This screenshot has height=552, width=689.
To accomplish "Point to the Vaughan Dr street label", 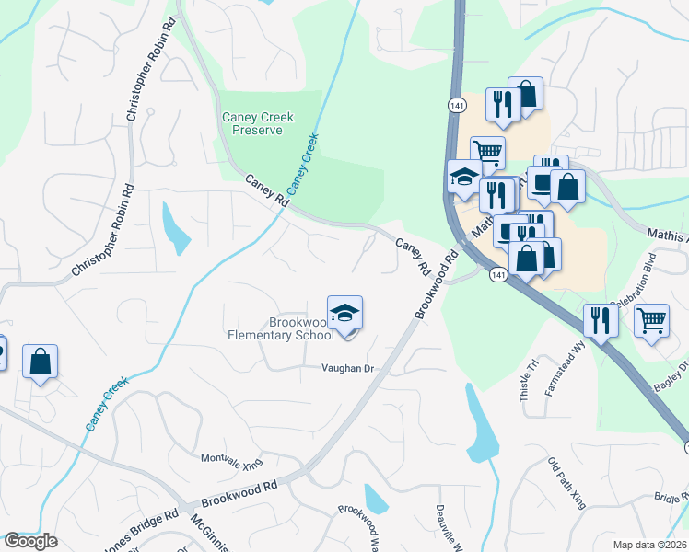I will [346, 369].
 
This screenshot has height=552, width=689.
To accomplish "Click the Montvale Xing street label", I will [232, 458].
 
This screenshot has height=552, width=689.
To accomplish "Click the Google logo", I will [30, 541].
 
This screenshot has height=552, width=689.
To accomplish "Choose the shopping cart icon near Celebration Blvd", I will [651, 321].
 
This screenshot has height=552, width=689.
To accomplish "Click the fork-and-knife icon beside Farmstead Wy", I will [601, 320].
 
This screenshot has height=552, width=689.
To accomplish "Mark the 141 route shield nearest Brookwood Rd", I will [498, 275].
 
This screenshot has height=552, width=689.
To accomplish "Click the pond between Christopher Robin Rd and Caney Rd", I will [175, 228].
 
